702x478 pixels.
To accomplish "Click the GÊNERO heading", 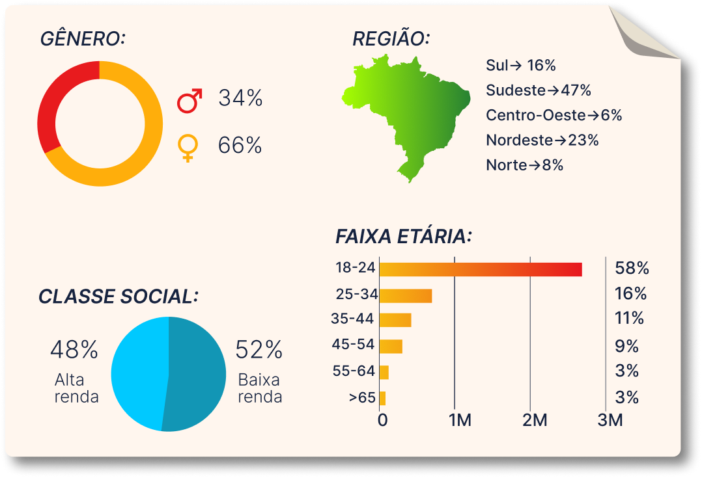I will pos(82,39).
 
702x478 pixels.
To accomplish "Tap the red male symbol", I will pos(190,100).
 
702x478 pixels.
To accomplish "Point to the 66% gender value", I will pos(240,146).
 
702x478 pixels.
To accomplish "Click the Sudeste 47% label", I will pos(538,90).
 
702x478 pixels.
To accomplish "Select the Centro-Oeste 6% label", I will pos(554,115).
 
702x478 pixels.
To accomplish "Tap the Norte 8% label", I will pos(524,165).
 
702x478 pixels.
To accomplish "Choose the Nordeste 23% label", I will pos(542,140).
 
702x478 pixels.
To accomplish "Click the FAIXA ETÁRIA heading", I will pos(403,236).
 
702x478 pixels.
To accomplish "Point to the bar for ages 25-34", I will pos(406,296).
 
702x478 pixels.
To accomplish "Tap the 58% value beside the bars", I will pos(632,268).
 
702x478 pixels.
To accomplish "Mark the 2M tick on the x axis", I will pos(535,420).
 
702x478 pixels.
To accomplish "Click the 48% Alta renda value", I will pos(74,350).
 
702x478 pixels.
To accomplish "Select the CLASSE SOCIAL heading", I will pos(118,297).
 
